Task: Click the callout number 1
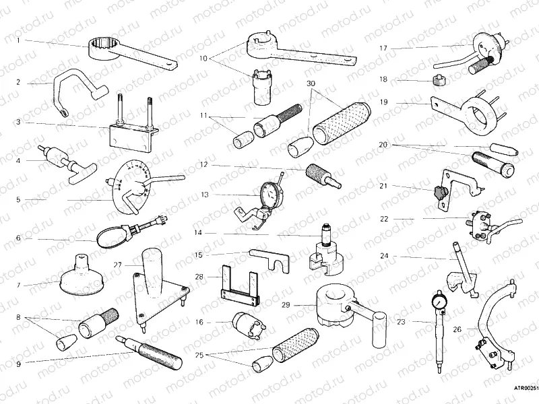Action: pyautogui.click(x=19, y=40)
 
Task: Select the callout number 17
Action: pyautogui.click(x=383, y=48)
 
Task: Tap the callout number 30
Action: pyautogui.click(x=311, y=83)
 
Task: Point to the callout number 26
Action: pyautogui.click(x=457, y=330)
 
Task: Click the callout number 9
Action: pyautogui.click(x=19, y=364)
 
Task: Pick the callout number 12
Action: pyautogui.click(x=203, y=165)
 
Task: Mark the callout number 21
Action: pyautogui.click(x=383, y=186)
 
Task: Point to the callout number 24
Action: pyautogui.click(x=383, y=256)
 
